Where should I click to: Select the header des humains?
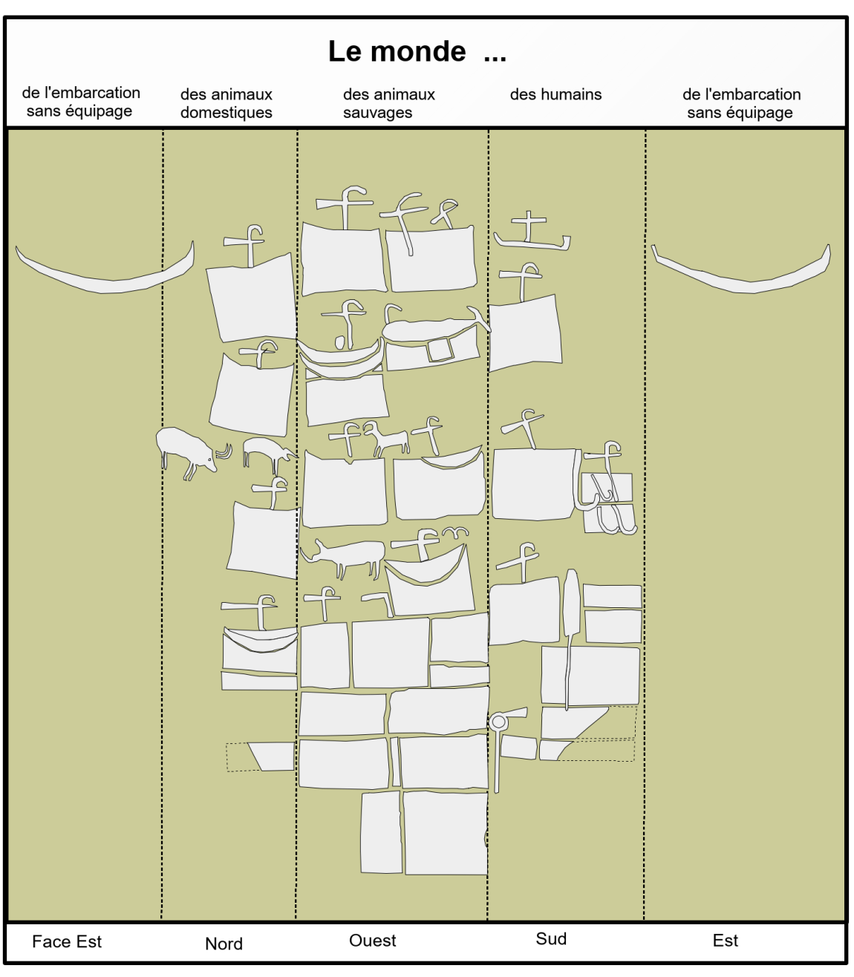555,94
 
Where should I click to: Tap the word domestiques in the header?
226,113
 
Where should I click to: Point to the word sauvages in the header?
377,113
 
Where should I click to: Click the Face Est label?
67,941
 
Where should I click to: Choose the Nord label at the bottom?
224,944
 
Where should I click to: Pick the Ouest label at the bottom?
372,941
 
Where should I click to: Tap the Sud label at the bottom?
551,939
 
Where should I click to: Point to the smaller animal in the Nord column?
267,450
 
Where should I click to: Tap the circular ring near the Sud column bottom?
498,722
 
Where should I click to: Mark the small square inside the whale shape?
440,349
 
